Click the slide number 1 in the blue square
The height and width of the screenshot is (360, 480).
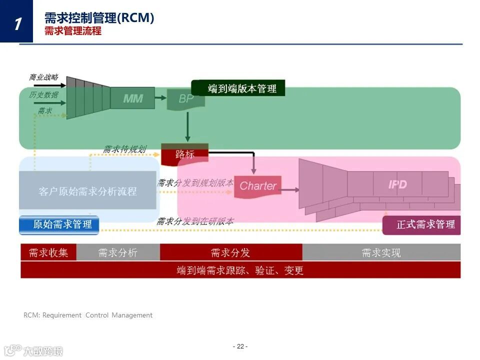[17, 22]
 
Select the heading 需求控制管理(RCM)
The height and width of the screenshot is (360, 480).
[99, 18]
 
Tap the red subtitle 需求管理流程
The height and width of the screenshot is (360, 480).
[72, 31]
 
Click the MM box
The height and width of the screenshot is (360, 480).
[132, 98]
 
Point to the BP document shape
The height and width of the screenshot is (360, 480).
[186, 98]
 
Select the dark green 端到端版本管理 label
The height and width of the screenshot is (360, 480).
[238, 88]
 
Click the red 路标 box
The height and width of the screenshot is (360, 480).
[184, 154]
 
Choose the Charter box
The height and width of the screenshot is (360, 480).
[257, 186]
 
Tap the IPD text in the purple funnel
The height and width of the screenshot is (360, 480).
[397, 184]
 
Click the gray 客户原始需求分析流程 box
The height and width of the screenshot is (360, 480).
[87, 191]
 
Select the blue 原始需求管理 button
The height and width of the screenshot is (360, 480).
[59, 224]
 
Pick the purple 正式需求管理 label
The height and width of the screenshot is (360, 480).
[421, 224]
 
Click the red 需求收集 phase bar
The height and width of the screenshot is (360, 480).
[48, 252]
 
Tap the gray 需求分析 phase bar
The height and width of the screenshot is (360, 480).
[117, 252]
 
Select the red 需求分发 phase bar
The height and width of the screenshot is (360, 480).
[230, 252]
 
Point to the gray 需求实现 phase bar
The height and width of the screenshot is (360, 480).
[381, 252]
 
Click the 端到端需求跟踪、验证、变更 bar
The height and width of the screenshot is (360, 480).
[240, 270]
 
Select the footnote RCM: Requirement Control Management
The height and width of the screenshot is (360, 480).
[88, 315]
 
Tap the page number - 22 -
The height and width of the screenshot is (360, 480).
[240, 346]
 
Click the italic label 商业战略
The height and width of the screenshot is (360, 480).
[43, 77]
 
